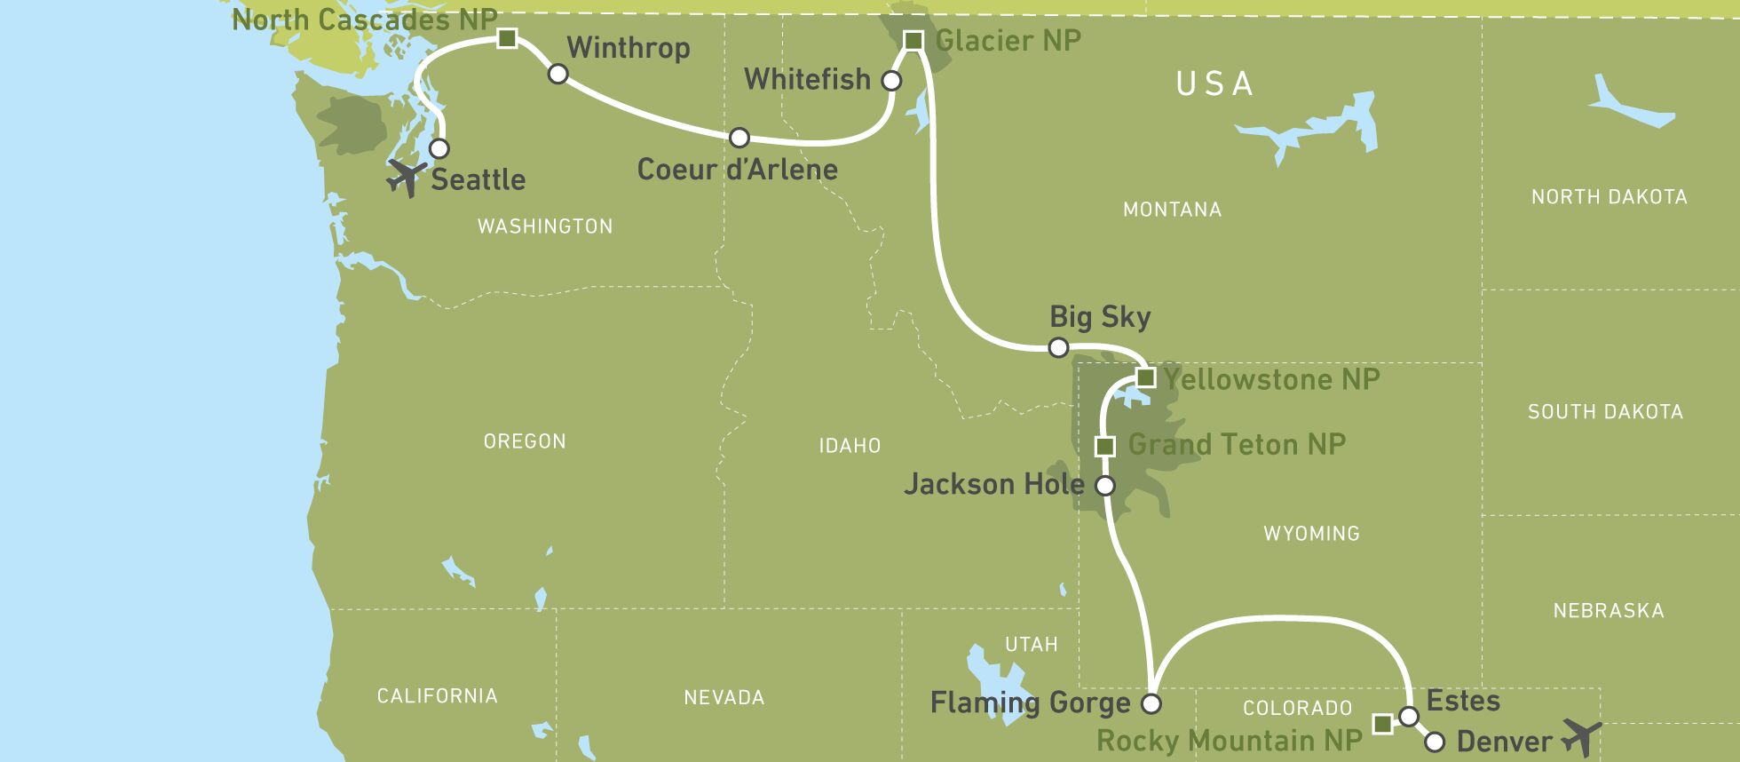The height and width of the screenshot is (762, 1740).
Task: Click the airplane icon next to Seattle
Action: click(406, 177)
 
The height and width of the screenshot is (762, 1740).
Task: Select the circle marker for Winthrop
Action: click(558, 74)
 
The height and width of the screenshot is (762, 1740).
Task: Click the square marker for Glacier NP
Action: click(913, 40)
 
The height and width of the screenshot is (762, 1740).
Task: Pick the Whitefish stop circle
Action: click(891, 81)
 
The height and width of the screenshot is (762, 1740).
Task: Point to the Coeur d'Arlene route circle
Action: click(739, 138)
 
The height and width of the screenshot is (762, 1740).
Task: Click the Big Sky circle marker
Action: click(1058, 347)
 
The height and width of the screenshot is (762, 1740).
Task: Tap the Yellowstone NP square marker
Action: click(1146, 377)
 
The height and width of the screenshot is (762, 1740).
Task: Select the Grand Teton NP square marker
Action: click(1105, 446)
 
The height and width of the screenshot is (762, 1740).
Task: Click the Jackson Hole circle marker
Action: click(1105, 486)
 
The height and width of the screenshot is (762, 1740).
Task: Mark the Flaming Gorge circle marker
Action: click(1151, 704)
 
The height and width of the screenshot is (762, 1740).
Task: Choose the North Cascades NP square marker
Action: click(507, 38)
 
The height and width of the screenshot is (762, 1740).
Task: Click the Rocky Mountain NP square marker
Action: click(1382, 724)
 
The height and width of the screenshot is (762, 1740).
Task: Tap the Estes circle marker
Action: click(1409, 716)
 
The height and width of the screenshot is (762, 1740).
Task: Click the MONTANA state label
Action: click(1172, 210)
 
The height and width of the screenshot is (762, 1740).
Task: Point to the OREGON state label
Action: click(525, 441)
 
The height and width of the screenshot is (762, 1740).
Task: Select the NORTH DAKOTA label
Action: click(1609, 197)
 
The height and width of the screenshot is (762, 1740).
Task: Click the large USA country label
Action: click(1214, 84)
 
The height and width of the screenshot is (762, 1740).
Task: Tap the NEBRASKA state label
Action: click(1608, 611)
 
